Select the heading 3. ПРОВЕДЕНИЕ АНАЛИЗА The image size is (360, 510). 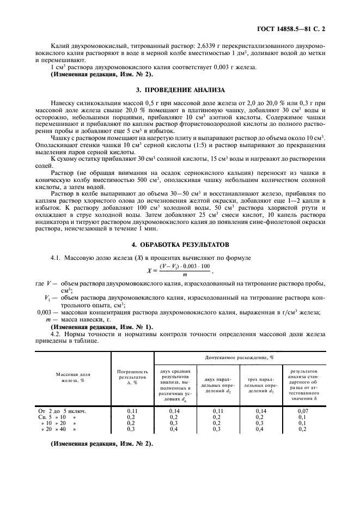[x=180, y=89]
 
